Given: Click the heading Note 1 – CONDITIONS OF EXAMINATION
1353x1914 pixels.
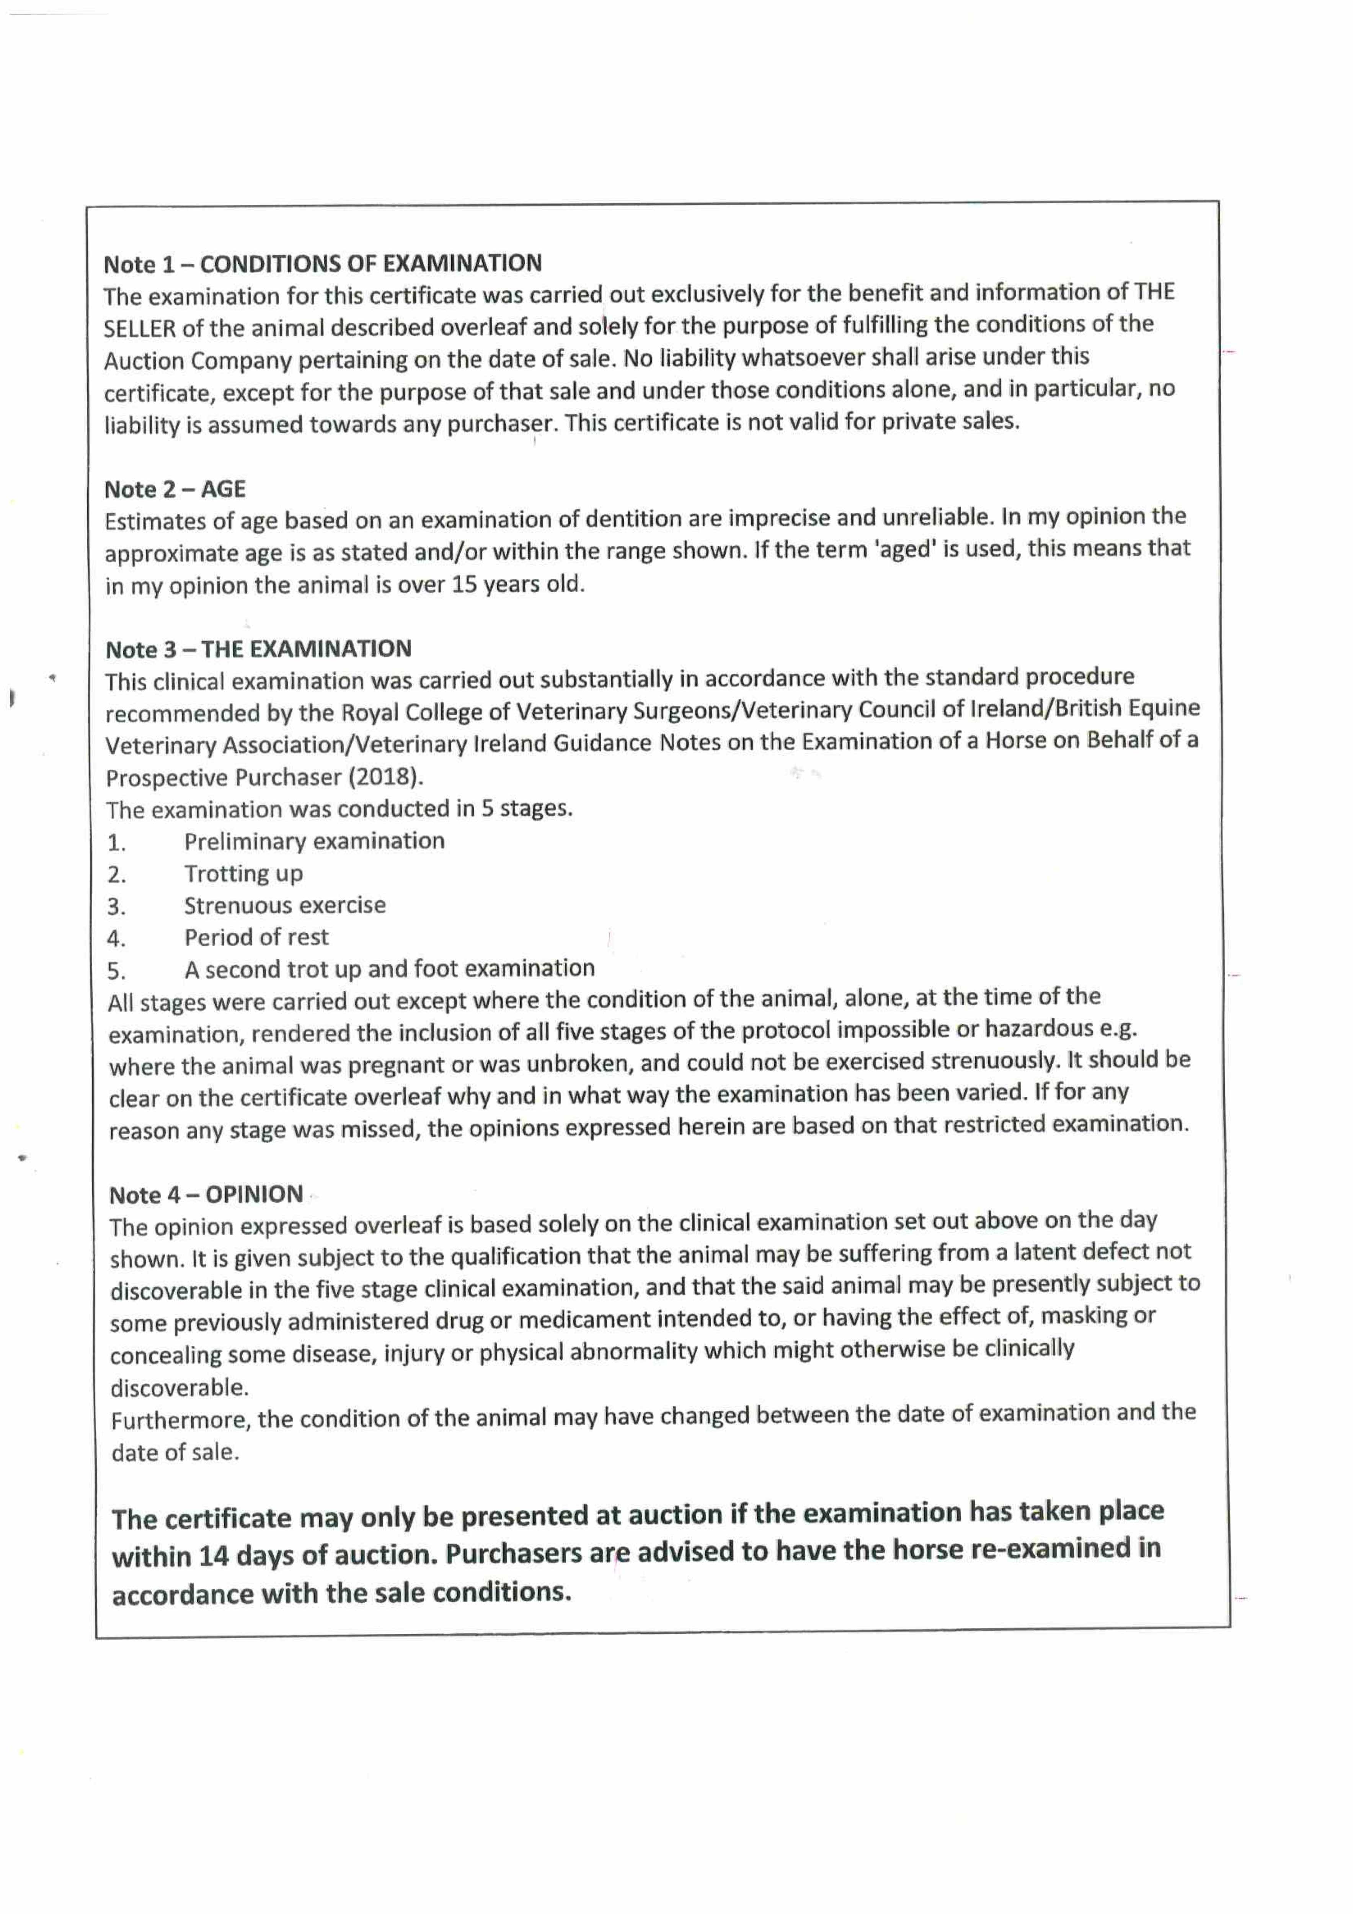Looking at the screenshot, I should click(x=323, y=264).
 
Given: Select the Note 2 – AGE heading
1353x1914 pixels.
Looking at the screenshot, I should click(x=175, y=489).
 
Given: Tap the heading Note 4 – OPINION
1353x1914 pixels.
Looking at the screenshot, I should click(x=206, y=1195).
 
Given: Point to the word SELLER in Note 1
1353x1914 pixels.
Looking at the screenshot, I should click(x=139, y=328).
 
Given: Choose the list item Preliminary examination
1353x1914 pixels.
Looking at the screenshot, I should click(x=314, y=841).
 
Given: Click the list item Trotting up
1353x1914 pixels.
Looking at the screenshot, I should click(x=243, y=874).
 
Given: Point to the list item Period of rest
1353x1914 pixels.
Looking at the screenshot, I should click(x=257, y=938).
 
